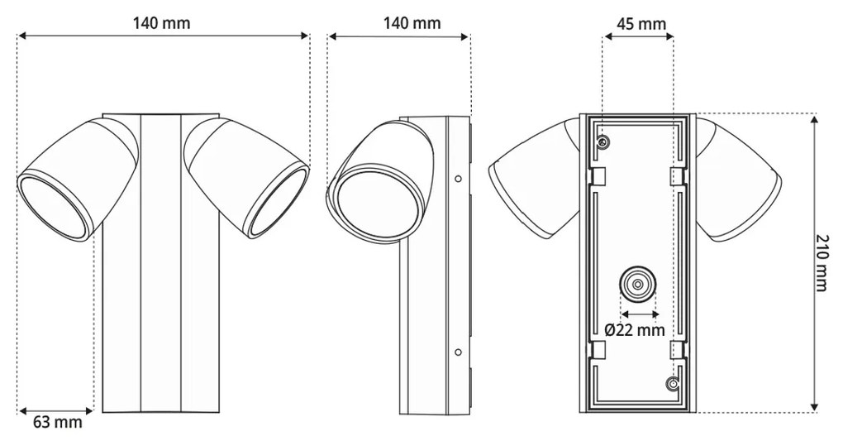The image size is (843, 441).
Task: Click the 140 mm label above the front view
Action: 161,22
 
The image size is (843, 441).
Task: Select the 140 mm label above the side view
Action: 411,22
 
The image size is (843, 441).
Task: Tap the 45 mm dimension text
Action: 641,23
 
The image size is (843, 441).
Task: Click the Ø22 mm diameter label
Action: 634,330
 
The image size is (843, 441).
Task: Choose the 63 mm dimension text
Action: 57,423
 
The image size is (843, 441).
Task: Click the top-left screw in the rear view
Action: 604,143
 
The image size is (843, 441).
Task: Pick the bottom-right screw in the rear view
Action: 674,384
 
